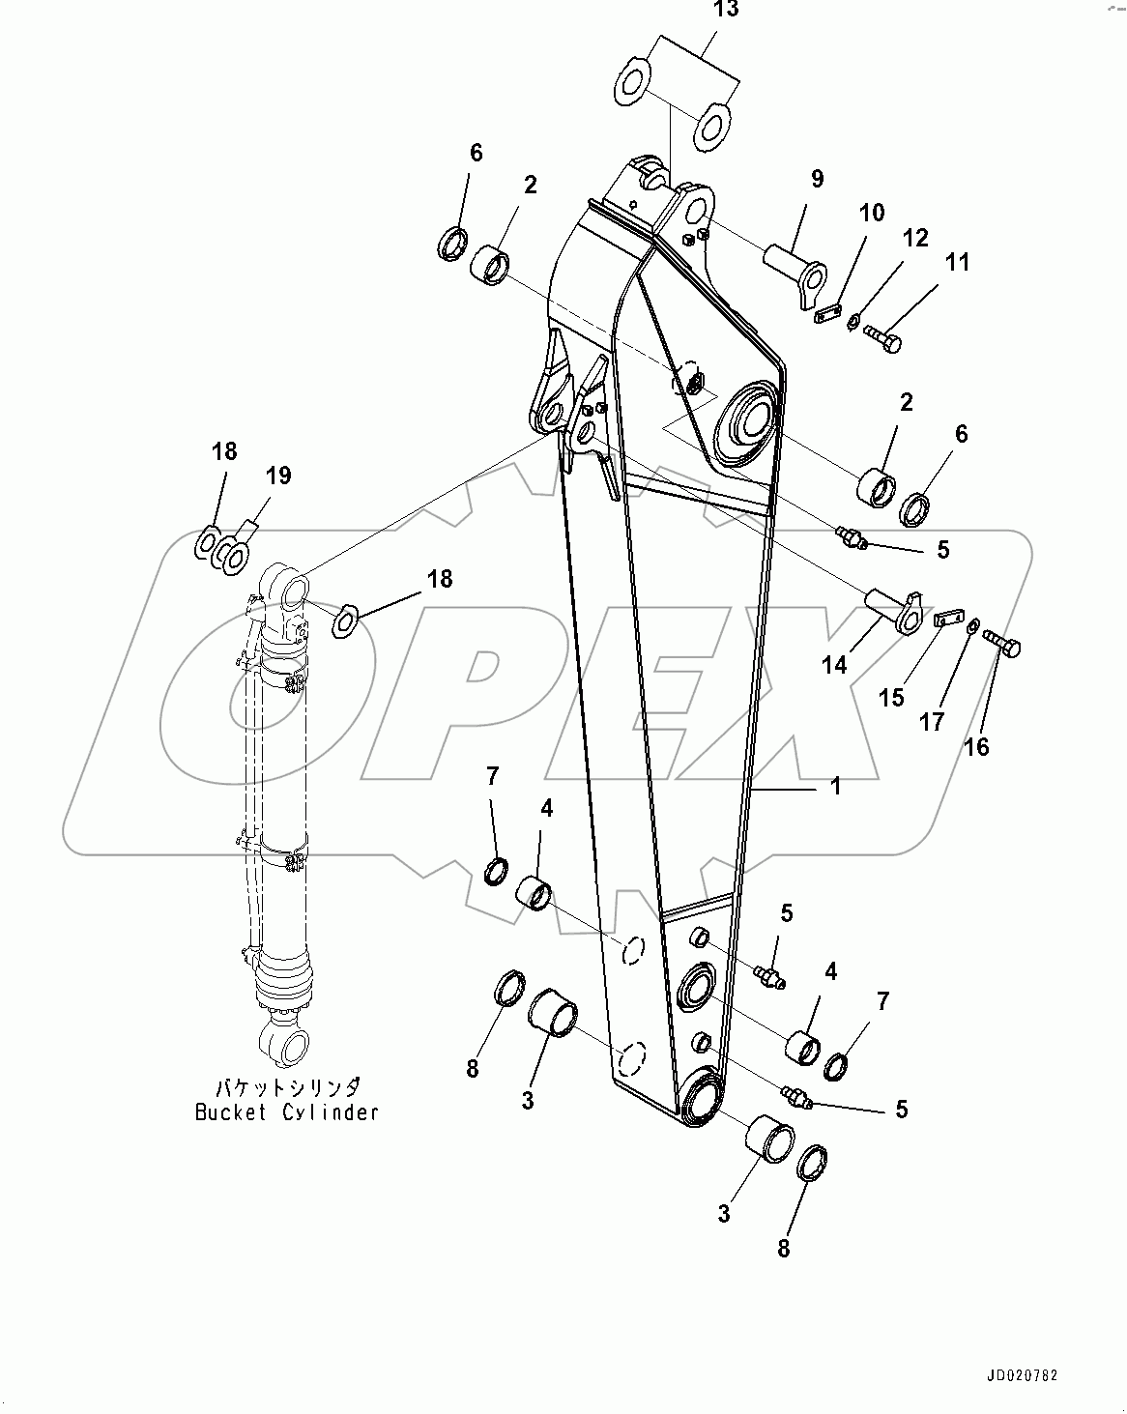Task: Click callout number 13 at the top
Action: [x=726, y=12]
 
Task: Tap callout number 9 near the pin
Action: [x=817, y=179]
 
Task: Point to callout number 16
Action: [x=976, y=746]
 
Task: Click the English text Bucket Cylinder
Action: [x=287, y=1111]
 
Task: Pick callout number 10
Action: [x=871, y=213]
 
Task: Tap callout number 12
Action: [x=915, y=238]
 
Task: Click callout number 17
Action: [x=931, y=721]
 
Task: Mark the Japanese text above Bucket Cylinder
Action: [x=287, y=1085]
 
